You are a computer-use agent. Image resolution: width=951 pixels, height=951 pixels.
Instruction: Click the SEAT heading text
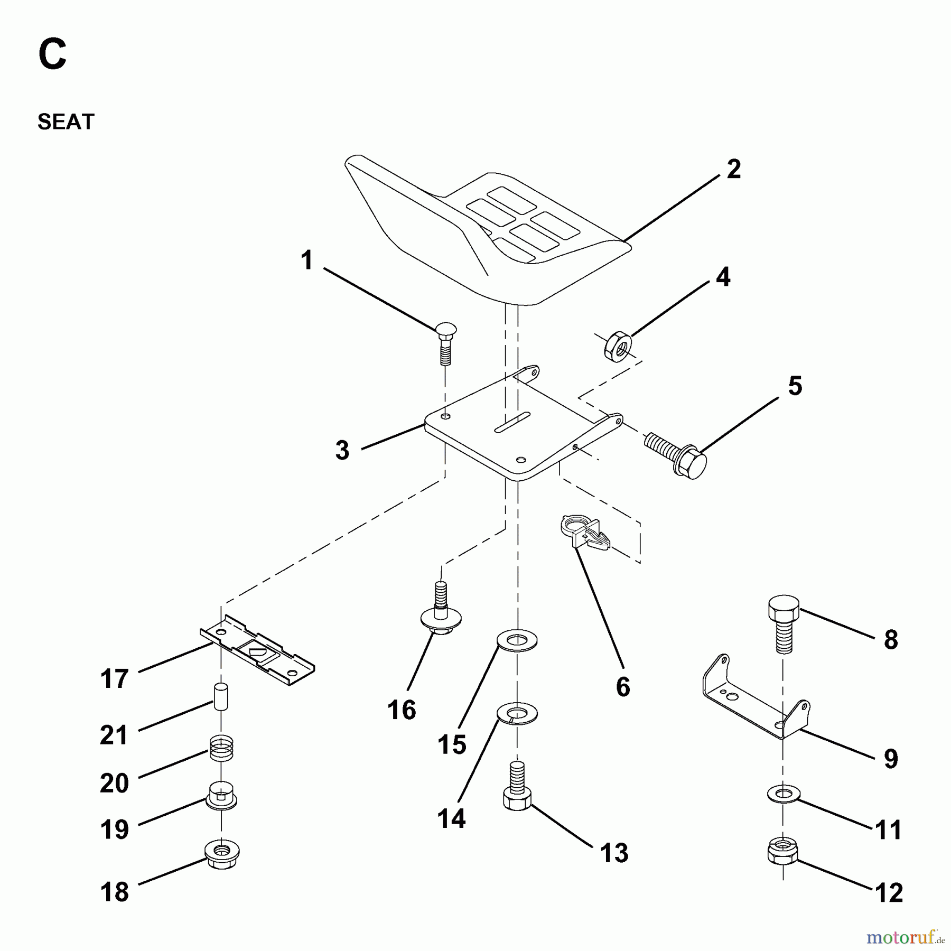66,122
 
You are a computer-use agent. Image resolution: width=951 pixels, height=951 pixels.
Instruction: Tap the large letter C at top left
52,56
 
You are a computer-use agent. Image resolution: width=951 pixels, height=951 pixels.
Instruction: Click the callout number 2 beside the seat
733,170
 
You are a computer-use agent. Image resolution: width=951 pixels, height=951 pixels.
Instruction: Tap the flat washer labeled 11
782,794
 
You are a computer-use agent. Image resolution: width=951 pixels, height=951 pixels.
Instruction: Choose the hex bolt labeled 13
517,792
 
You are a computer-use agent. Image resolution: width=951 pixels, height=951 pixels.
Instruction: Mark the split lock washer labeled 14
517,713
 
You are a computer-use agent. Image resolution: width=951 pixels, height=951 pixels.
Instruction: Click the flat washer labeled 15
517,641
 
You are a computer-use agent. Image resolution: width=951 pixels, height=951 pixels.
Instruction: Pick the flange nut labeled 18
222,851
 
